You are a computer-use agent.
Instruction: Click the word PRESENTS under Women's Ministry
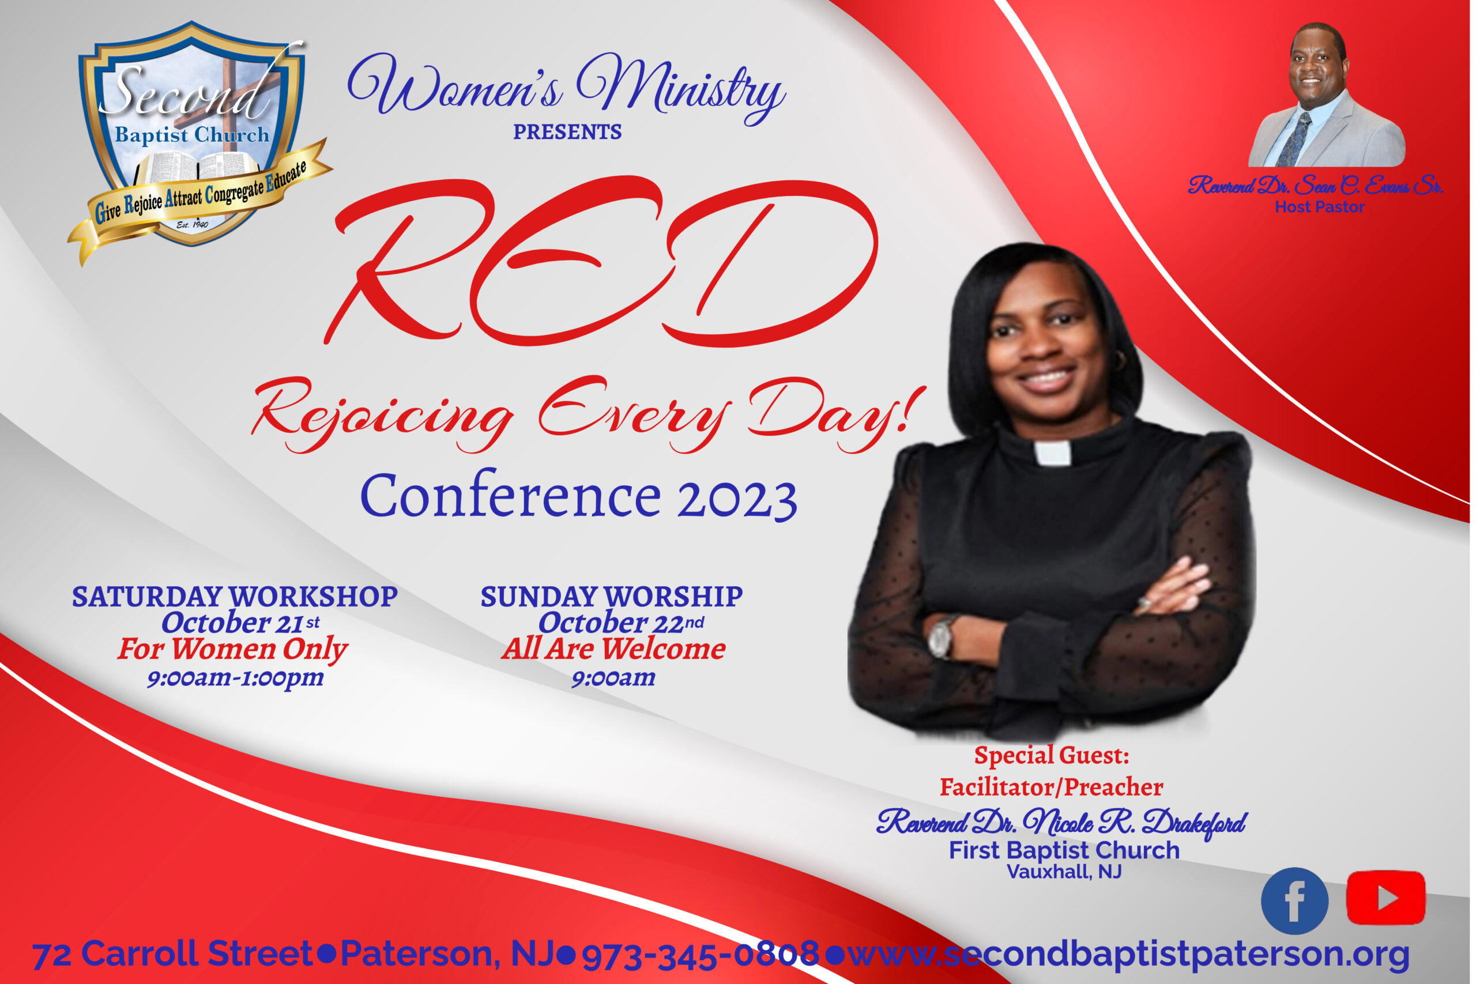(567, 133)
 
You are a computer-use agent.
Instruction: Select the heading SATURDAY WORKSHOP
(235, 597)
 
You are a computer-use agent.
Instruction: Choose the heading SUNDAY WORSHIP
(612, 597)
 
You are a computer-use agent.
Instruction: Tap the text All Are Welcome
(613, 649)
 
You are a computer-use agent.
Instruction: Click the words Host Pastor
(1320, 207)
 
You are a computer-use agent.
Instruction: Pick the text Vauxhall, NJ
(1064, 872)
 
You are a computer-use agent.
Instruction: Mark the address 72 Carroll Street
(172, 954)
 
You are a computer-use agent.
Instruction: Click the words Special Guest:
(1052, 756)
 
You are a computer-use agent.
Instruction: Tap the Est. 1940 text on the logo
(192, 224)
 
